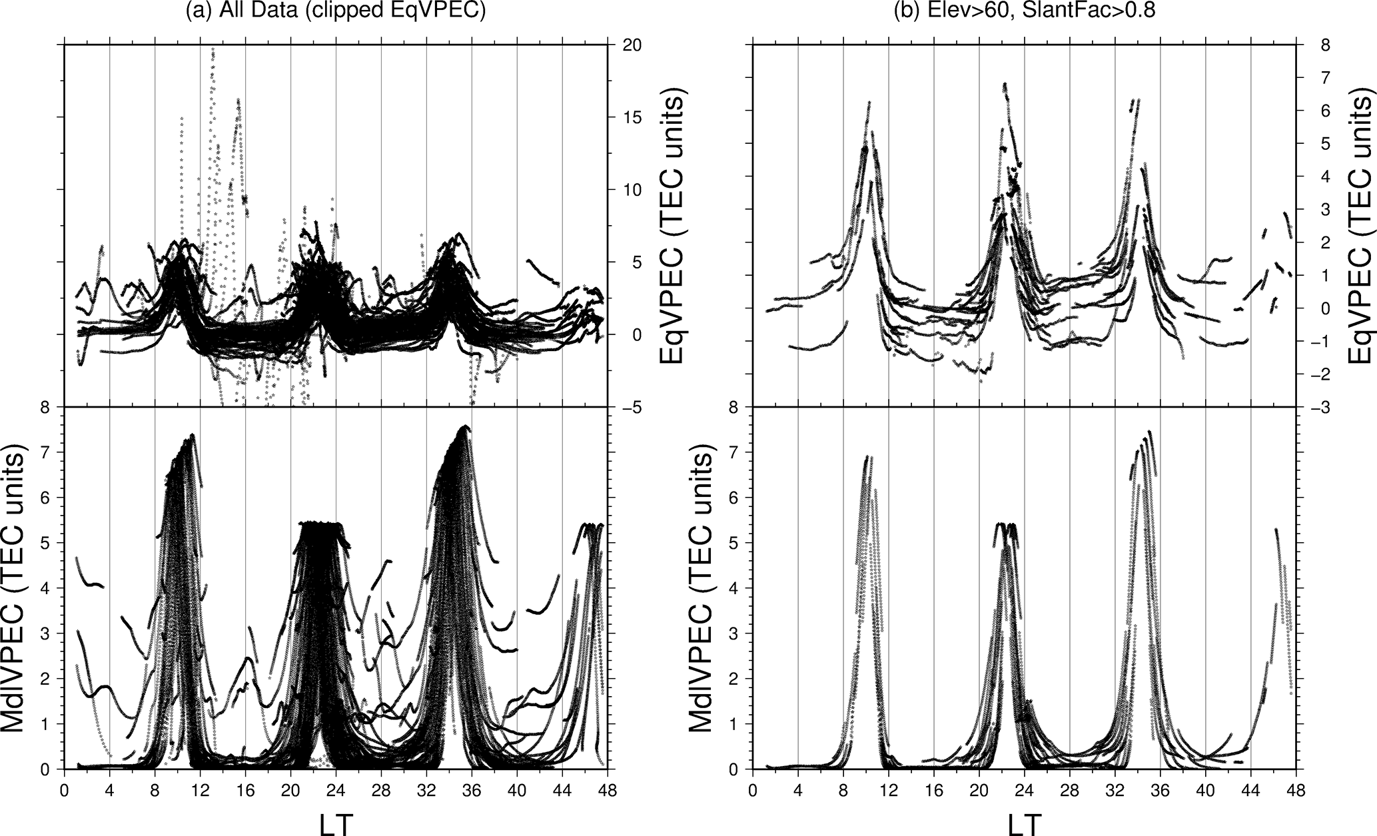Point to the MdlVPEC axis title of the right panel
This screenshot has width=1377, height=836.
click(705, 588)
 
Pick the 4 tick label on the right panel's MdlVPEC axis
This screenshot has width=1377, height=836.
click(735, 588)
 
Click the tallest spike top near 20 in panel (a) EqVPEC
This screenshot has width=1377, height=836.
click(213, 49)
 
